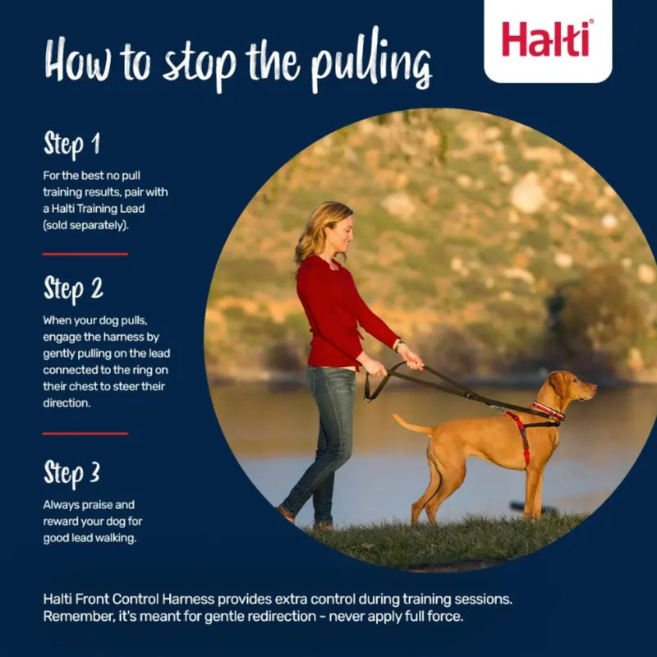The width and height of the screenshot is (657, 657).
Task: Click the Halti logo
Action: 547,39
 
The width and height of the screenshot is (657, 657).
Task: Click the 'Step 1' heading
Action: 71,145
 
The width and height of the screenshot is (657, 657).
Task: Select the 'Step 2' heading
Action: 73,288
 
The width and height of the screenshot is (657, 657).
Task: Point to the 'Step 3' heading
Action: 72,473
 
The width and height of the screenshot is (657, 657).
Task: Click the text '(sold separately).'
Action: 86,224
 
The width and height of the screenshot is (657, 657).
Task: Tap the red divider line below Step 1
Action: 85,254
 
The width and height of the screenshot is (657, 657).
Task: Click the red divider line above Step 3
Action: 85,433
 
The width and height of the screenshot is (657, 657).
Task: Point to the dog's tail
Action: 411,425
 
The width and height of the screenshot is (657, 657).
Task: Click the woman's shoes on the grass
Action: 304,518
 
